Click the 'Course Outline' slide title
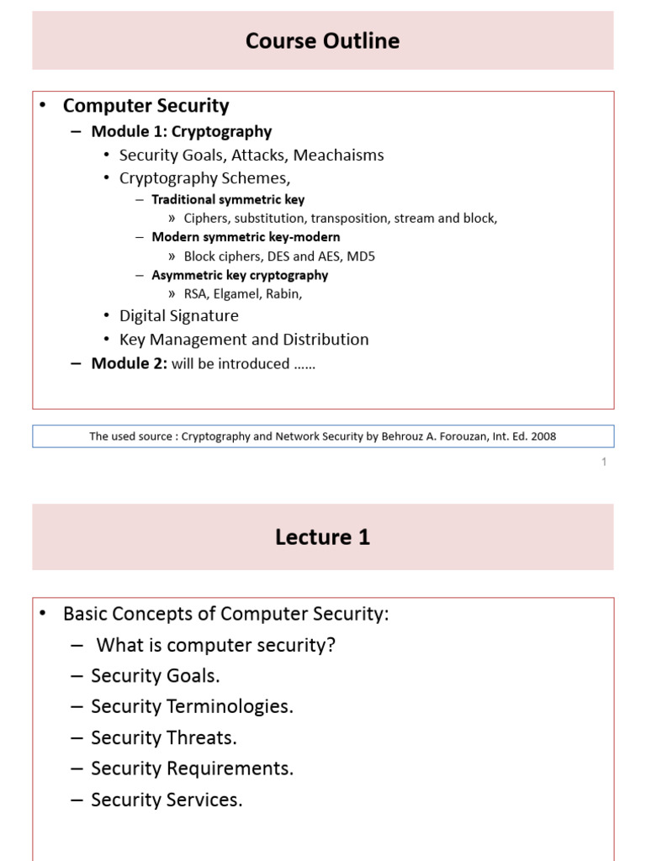(x=322, y=41)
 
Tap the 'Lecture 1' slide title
(x=322, y=537)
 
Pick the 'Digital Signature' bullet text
(x=178, y=315)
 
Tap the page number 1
(x=604, y=462)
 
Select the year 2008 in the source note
(x=543, y=436)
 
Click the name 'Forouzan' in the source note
(x=451, y=436)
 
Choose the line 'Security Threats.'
(x=163, y=737)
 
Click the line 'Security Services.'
(x=167, y=800)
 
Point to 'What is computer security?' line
(x=216, y=645)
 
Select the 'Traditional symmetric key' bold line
(x=228, y=200)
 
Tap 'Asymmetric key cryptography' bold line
(x=240, y=275)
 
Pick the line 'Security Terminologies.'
(x=192, y=706)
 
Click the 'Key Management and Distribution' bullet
(x=244, y=339)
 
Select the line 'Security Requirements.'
(x=192, y=769)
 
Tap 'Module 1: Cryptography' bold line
(x=181, y=131)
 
